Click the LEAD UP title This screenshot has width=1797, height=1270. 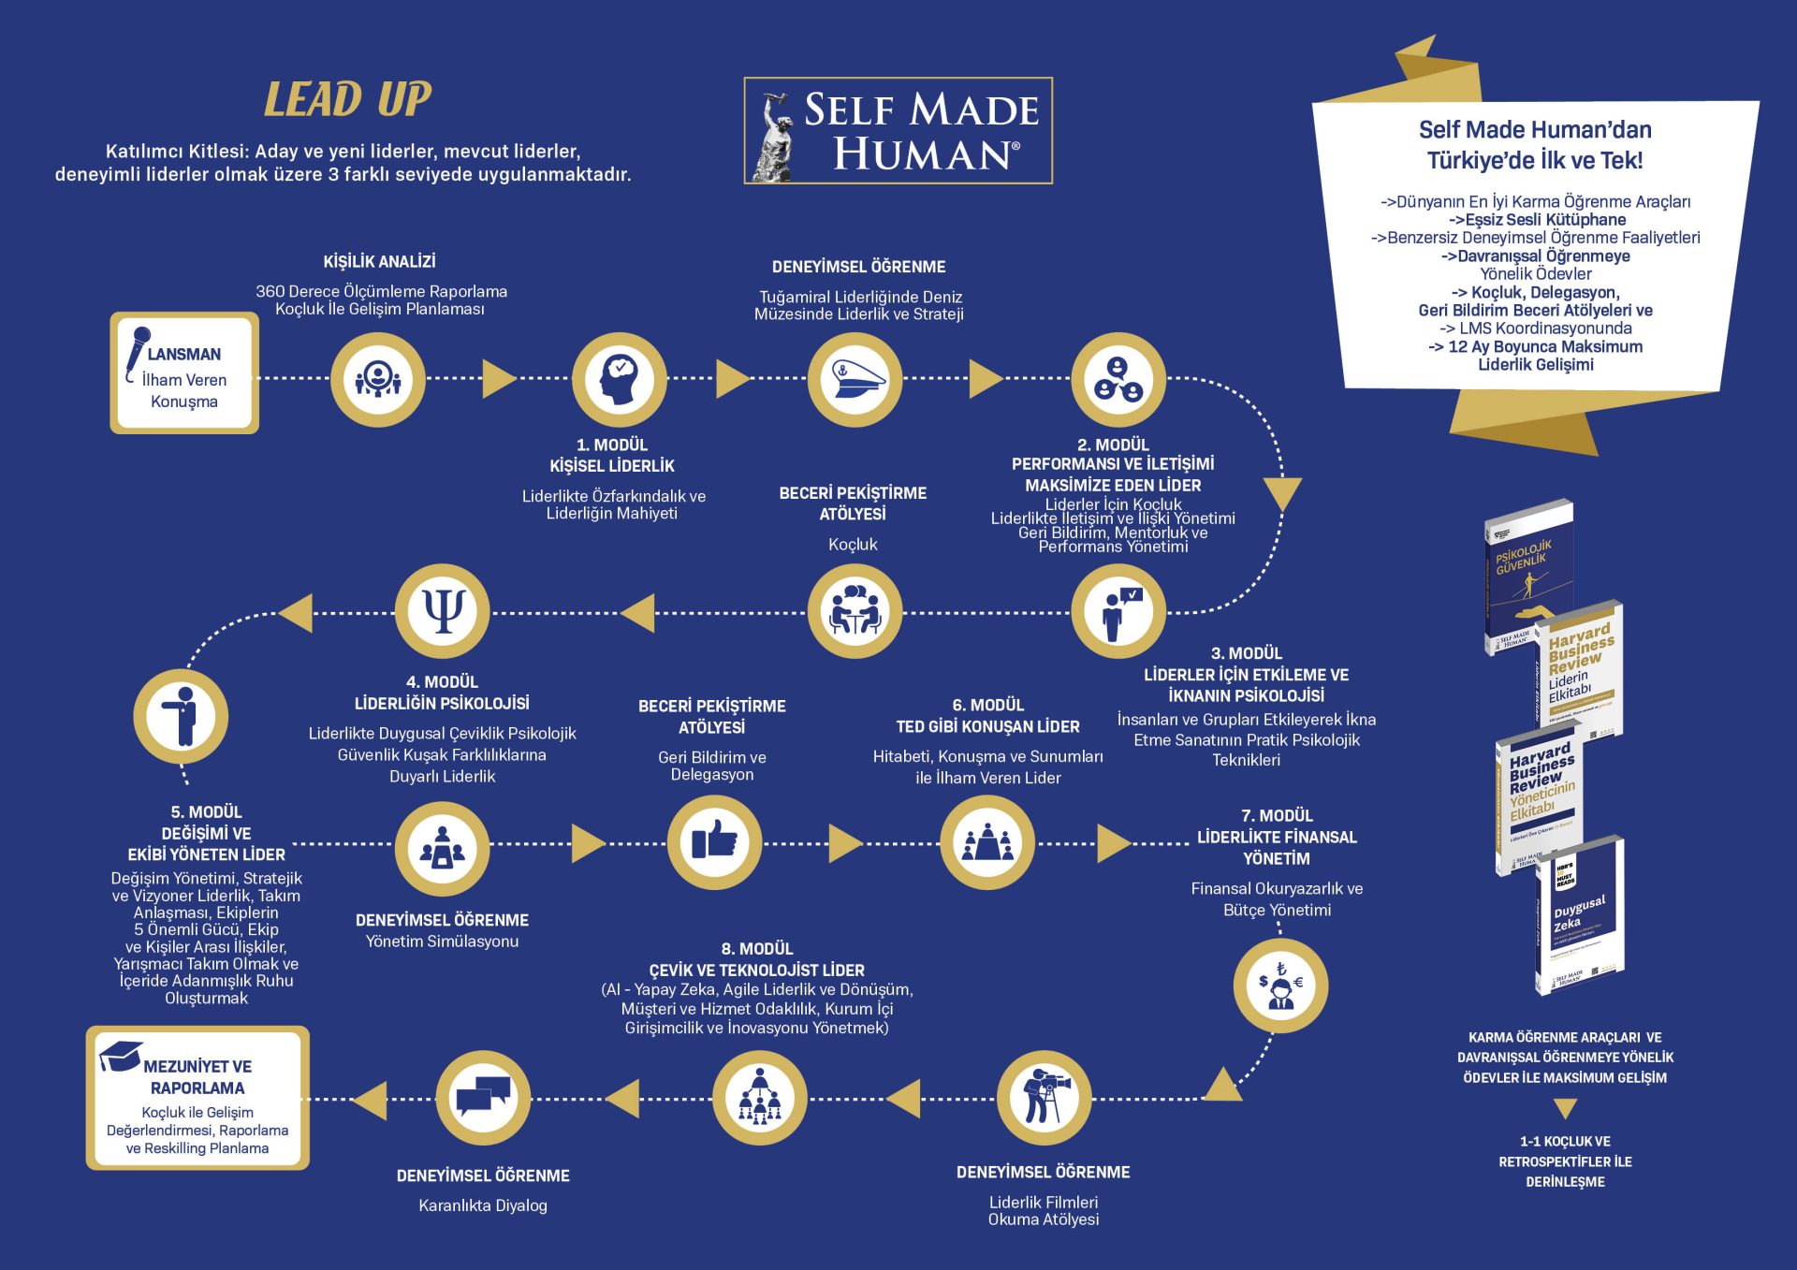click(347, 99)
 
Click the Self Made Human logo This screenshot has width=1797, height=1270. click(898, 130)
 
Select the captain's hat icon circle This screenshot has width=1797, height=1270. click(855, 379)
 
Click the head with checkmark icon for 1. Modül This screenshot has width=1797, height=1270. click(619, 379)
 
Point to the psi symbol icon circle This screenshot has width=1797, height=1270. click(443, 612)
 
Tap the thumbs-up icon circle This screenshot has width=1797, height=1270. click(714, 841)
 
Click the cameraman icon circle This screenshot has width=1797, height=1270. click(1044, 1098)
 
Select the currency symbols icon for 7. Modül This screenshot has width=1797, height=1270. click(1279, 985)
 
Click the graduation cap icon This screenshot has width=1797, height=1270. click(121, 1056)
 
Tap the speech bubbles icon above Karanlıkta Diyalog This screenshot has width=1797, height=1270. click(483, 1097)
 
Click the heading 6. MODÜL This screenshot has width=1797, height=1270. click(987, 705)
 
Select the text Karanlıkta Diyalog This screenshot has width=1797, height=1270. click(482, 1205)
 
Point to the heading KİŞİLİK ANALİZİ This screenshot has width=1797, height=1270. click(379, 262)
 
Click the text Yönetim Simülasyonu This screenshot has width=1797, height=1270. click(442, 942)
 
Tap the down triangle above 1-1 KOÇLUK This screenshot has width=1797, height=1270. click(1565, 1109)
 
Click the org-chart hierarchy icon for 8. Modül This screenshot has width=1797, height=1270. click(759, 1097)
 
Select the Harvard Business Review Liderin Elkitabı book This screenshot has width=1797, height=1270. click(1580, 666)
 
